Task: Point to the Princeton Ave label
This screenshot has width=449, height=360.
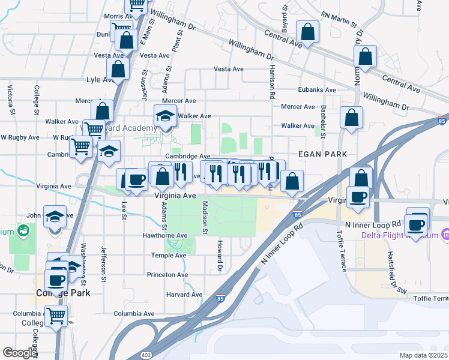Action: pos(167,275)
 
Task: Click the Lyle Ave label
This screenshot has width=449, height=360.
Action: pos(101,79)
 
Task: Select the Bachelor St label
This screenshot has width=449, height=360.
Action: pos(323,121)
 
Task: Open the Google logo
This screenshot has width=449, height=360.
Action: pos(20,353)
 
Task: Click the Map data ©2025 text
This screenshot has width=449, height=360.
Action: pos(424,355)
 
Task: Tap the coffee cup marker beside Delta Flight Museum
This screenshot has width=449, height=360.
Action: pos(416,224)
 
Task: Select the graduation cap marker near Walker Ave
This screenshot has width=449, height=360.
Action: pos(164,116)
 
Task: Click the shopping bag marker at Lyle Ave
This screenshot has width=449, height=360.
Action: pos(118,70)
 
